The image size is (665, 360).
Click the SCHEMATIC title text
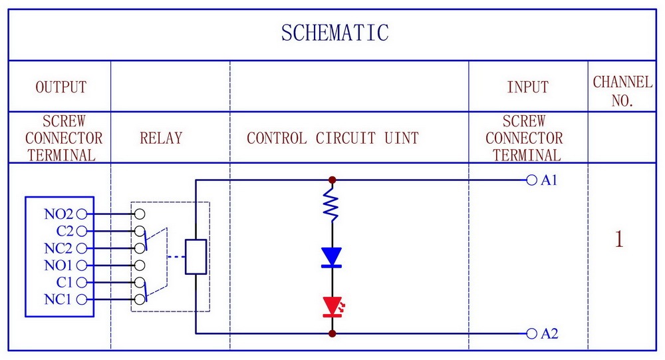tap(334, 33)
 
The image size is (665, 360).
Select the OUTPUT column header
tap(61, 87)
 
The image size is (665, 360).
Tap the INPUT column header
tap(527, 87)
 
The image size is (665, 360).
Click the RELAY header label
tap(161, 138)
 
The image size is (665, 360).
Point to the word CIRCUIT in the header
tap(346, 138)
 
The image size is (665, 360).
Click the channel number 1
tap(619, 239)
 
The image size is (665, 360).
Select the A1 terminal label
tap(549, 180)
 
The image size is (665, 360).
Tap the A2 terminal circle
tap(531, 333)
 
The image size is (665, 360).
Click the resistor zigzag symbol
tap(331, 205)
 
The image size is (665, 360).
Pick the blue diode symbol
tap(332, 258)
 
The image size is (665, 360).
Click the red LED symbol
tap(333, 307)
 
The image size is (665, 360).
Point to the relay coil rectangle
tap(196, 257)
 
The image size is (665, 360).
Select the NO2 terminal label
tap(59, 214)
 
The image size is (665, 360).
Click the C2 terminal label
tap(65, 231)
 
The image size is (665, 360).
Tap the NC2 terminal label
tap(59, 248)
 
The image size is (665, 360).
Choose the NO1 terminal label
tap(59, 266)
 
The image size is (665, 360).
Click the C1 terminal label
tap(65, 282)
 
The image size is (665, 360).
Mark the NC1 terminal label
tap(58, 299)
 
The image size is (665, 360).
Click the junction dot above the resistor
tap(332, 180)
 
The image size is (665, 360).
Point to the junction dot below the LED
tap(332, 333)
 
